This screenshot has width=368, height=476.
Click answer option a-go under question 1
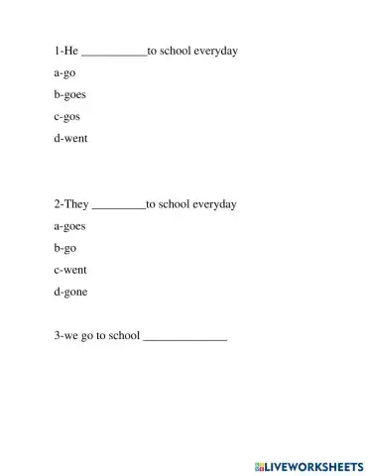point(64,73)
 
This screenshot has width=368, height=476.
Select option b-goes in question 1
point(70,95)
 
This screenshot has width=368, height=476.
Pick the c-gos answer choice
point(67,117)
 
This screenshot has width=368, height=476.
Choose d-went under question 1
point(71,139)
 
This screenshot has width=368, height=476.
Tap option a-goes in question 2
point(70,226)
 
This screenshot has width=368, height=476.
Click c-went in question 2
point(71,270)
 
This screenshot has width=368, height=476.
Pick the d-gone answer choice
point(71,292)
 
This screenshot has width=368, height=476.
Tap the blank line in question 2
point(118,207)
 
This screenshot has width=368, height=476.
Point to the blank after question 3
point(185,340)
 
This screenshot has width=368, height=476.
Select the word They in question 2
point(76,204)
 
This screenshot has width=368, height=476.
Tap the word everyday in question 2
point(213,204)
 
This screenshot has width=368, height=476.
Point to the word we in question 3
point(72,337)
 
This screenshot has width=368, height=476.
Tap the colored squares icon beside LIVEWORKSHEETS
point(258,465)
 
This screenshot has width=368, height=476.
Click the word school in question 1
point(175,51)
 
